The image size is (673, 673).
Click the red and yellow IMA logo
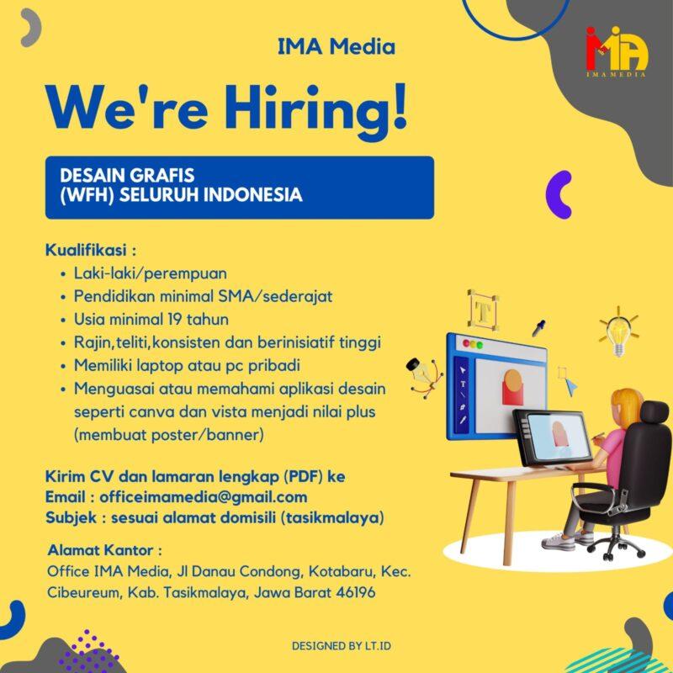pos(617,52)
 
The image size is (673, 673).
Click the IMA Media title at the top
pos(336,47)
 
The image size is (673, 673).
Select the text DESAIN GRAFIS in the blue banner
pos(127,175)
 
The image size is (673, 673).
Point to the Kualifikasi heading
pos(91,251)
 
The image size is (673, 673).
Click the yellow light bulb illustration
pos(619,334)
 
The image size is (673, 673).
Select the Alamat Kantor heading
pos(104,551)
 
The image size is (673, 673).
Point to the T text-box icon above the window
pos(483,309)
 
